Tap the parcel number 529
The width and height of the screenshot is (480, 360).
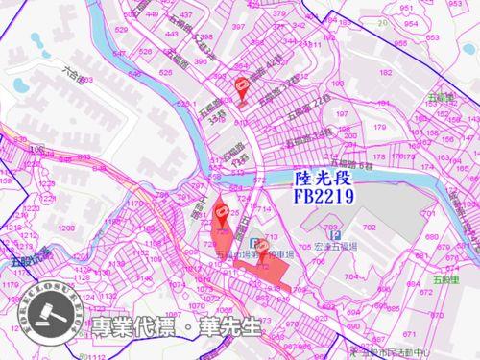tap(122, 31)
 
